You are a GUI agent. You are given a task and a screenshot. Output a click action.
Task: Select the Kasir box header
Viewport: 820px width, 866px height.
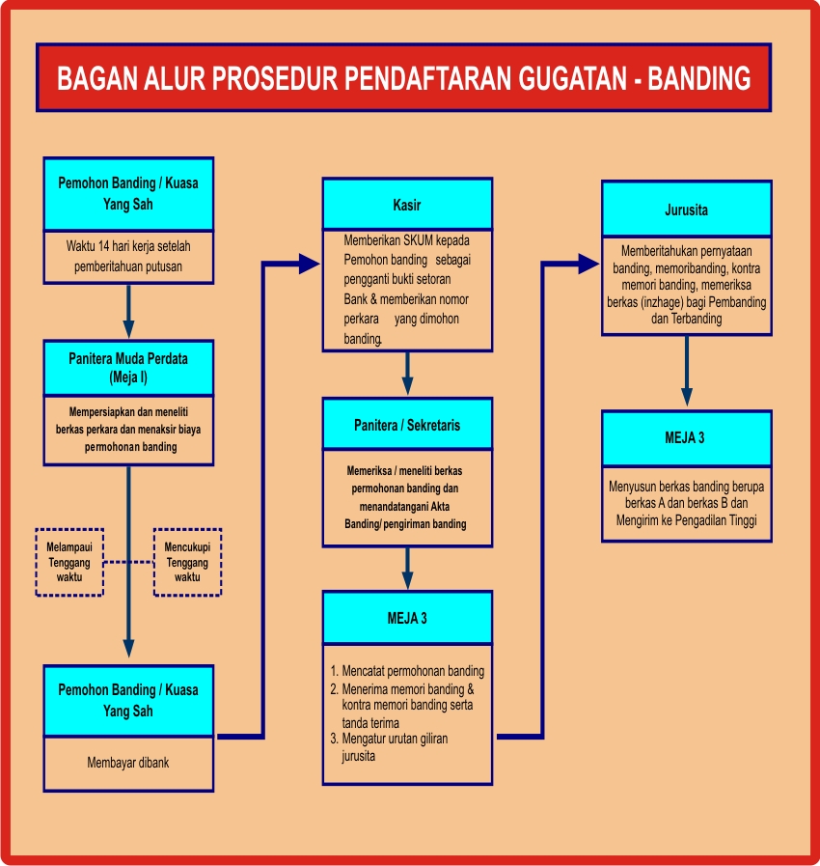coord(407,205)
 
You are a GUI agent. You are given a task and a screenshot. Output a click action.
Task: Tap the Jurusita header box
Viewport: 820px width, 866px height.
coord(686,208)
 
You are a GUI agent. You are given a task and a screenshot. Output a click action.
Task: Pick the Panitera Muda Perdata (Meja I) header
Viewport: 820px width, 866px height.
coord(128,367)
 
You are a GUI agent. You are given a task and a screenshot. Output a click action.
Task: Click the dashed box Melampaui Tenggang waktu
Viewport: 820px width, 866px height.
coord(68,562)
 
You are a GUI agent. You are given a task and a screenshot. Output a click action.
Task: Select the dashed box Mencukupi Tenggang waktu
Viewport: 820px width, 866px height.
coord(187,562)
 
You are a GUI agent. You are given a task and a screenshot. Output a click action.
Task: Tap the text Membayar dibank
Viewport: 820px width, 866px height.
coord(128,763)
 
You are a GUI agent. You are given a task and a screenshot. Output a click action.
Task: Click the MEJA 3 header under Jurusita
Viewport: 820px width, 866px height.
coord(686,437)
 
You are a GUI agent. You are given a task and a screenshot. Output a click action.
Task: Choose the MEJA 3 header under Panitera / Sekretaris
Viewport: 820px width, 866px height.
coord(407,618)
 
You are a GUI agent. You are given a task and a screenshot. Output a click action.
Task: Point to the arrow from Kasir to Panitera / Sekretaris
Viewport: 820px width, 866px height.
coord(407,372)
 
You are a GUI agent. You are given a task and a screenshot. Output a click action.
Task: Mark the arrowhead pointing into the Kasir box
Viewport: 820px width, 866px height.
coord(310,263)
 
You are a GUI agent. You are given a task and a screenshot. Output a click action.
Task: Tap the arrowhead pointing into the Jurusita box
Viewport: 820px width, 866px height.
coord(589,263)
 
